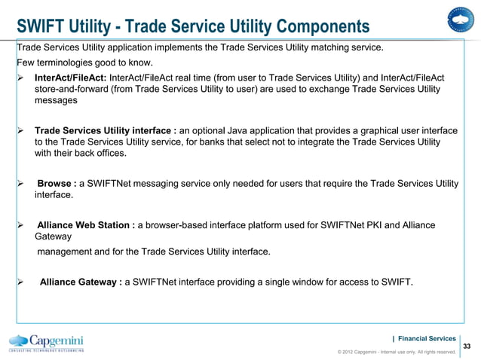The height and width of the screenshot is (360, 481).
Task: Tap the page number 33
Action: click(467, 346)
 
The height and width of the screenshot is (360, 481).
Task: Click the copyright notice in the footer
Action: click(397, 352)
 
